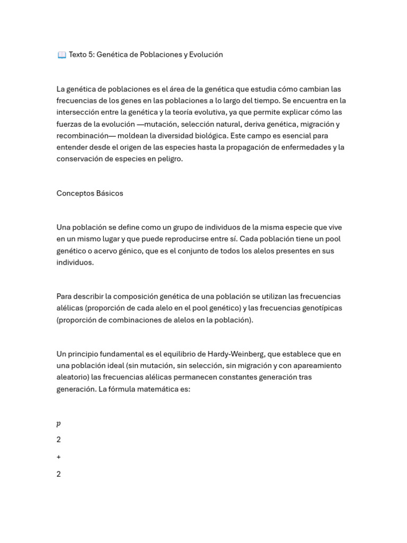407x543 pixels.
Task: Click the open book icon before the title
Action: coord(61,55)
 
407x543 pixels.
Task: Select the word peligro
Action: coord(169,159)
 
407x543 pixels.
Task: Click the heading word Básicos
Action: coord(110,194)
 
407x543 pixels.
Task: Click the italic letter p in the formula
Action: coord(59,424)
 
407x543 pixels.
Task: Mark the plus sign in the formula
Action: coord(59,457)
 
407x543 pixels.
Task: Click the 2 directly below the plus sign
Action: coord(59,475)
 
